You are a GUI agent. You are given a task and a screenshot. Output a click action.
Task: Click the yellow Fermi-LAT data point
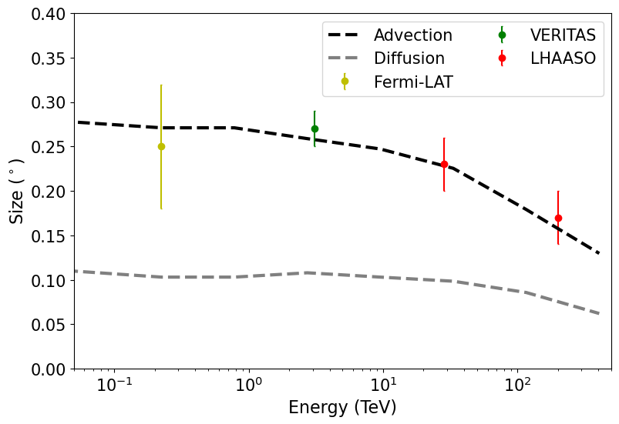[x=161, y=146]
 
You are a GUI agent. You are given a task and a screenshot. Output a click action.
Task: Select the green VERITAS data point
[x=315, y=129]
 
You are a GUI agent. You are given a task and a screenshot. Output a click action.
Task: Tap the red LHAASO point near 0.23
[x=444, y=164]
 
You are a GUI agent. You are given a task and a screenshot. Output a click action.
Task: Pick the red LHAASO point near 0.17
[x=558, y=218]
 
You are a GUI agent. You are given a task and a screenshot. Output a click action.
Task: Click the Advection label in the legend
[x=412, y=35]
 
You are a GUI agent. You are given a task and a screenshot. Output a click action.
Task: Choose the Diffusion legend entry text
[x=409, y=58]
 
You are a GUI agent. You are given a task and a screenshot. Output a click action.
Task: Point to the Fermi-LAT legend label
[x=413, y=82]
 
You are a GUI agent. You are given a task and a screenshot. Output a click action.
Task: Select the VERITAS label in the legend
[x=563, y=35]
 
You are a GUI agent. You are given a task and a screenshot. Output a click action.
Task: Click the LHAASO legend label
[x=563, y=58]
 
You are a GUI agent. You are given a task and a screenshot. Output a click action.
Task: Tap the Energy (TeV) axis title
[x=342, y=408]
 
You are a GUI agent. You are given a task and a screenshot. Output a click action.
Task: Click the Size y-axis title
[x=16, y=191]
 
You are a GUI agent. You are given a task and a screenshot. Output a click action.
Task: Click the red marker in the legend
[x=502, y=58]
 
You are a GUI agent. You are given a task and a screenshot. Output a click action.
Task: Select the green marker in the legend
[x=502, y=35]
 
